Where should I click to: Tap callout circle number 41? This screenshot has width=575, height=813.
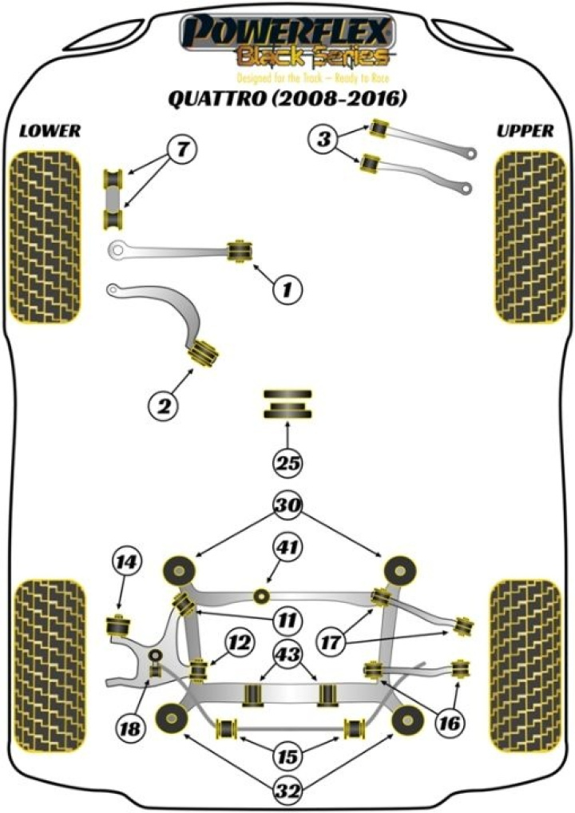(x=288, y=549)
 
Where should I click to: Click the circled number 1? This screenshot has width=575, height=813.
(x=288, y=290)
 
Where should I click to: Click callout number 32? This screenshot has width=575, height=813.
(x=288, y=791)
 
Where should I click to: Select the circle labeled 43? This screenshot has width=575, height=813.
(x=288, y=655)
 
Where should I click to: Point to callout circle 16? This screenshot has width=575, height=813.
(x=449, y=724)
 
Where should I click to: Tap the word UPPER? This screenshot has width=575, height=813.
(x=523, y=131)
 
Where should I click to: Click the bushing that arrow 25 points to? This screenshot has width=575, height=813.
(x=287, y=405)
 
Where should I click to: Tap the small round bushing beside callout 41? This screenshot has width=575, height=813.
(x=260, y=595)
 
